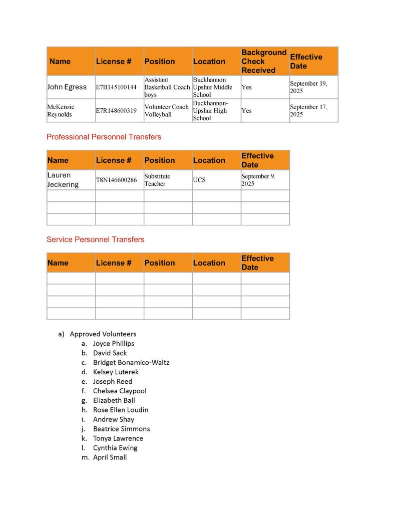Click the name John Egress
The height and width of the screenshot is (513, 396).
(67, 87)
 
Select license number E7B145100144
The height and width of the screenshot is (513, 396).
(116, 87)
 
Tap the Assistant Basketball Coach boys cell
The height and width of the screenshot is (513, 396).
(167, 87)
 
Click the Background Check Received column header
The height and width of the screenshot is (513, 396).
(264, 61)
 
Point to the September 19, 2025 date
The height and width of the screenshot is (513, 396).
(308, 87)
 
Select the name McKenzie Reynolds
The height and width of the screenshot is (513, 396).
(60, 111)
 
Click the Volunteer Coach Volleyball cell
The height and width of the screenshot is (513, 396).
(167, 111)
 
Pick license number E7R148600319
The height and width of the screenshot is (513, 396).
(116, 111)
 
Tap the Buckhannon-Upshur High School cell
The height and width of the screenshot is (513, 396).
(210, 111)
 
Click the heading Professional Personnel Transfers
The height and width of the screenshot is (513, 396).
(104, 137)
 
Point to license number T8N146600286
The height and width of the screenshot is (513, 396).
(116, 180)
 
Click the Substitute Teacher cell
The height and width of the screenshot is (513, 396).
(157, 180)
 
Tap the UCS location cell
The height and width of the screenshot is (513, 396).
(199, 180)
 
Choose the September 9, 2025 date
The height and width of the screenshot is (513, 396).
(258, 180)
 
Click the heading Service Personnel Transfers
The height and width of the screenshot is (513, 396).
(95, 239)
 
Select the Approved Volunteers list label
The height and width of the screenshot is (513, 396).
(103, 334)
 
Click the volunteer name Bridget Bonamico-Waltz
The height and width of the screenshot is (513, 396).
(131, 362)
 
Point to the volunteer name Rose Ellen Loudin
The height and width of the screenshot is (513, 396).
(121, 410)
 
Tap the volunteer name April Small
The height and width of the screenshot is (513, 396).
(110, 457)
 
